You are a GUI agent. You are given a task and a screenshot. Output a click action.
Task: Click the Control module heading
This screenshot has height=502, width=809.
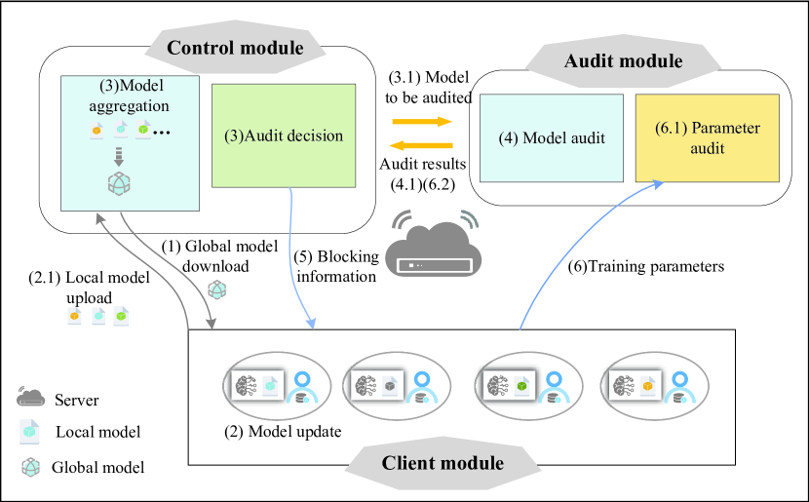point(237,47)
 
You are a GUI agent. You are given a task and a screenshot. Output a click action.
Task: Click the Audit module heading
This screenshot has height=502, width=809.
point(624,61)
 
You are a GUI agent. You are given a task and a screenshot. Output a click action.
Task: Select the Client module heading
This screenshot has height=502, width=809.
point(442,462)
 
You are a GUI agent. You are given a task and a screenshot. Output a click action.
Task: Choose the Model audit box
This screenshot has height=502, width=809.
point(551,138)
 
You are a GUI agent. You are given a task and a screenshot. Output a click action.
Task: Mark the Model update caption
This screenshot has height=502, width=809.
point(283,432)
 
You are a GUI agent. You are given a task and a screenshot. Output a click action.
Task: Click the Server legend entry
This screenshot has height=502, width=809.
point(77,401)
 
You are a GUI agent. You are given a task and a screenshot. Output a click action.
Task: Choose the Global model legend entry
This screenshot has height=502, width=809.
point(97,468)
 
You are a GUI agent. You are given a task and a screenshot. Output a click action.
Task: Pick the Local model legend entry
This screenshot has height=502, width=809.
point(97,432)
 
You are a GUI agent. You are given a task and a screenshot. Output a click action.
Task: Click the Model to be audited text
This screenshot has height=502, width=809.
point(429,87)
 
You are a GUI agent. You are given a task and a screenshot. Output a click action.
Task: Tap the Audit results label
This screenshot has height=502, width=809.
point(423,173)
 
